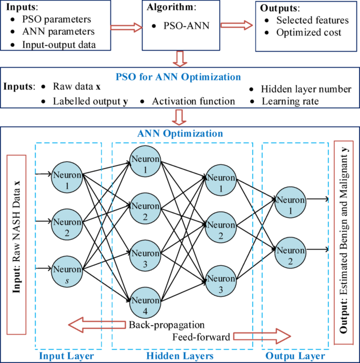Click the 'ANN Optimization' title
(x=180, y=133)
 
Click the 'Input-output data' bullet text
(x=59, y=44)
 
